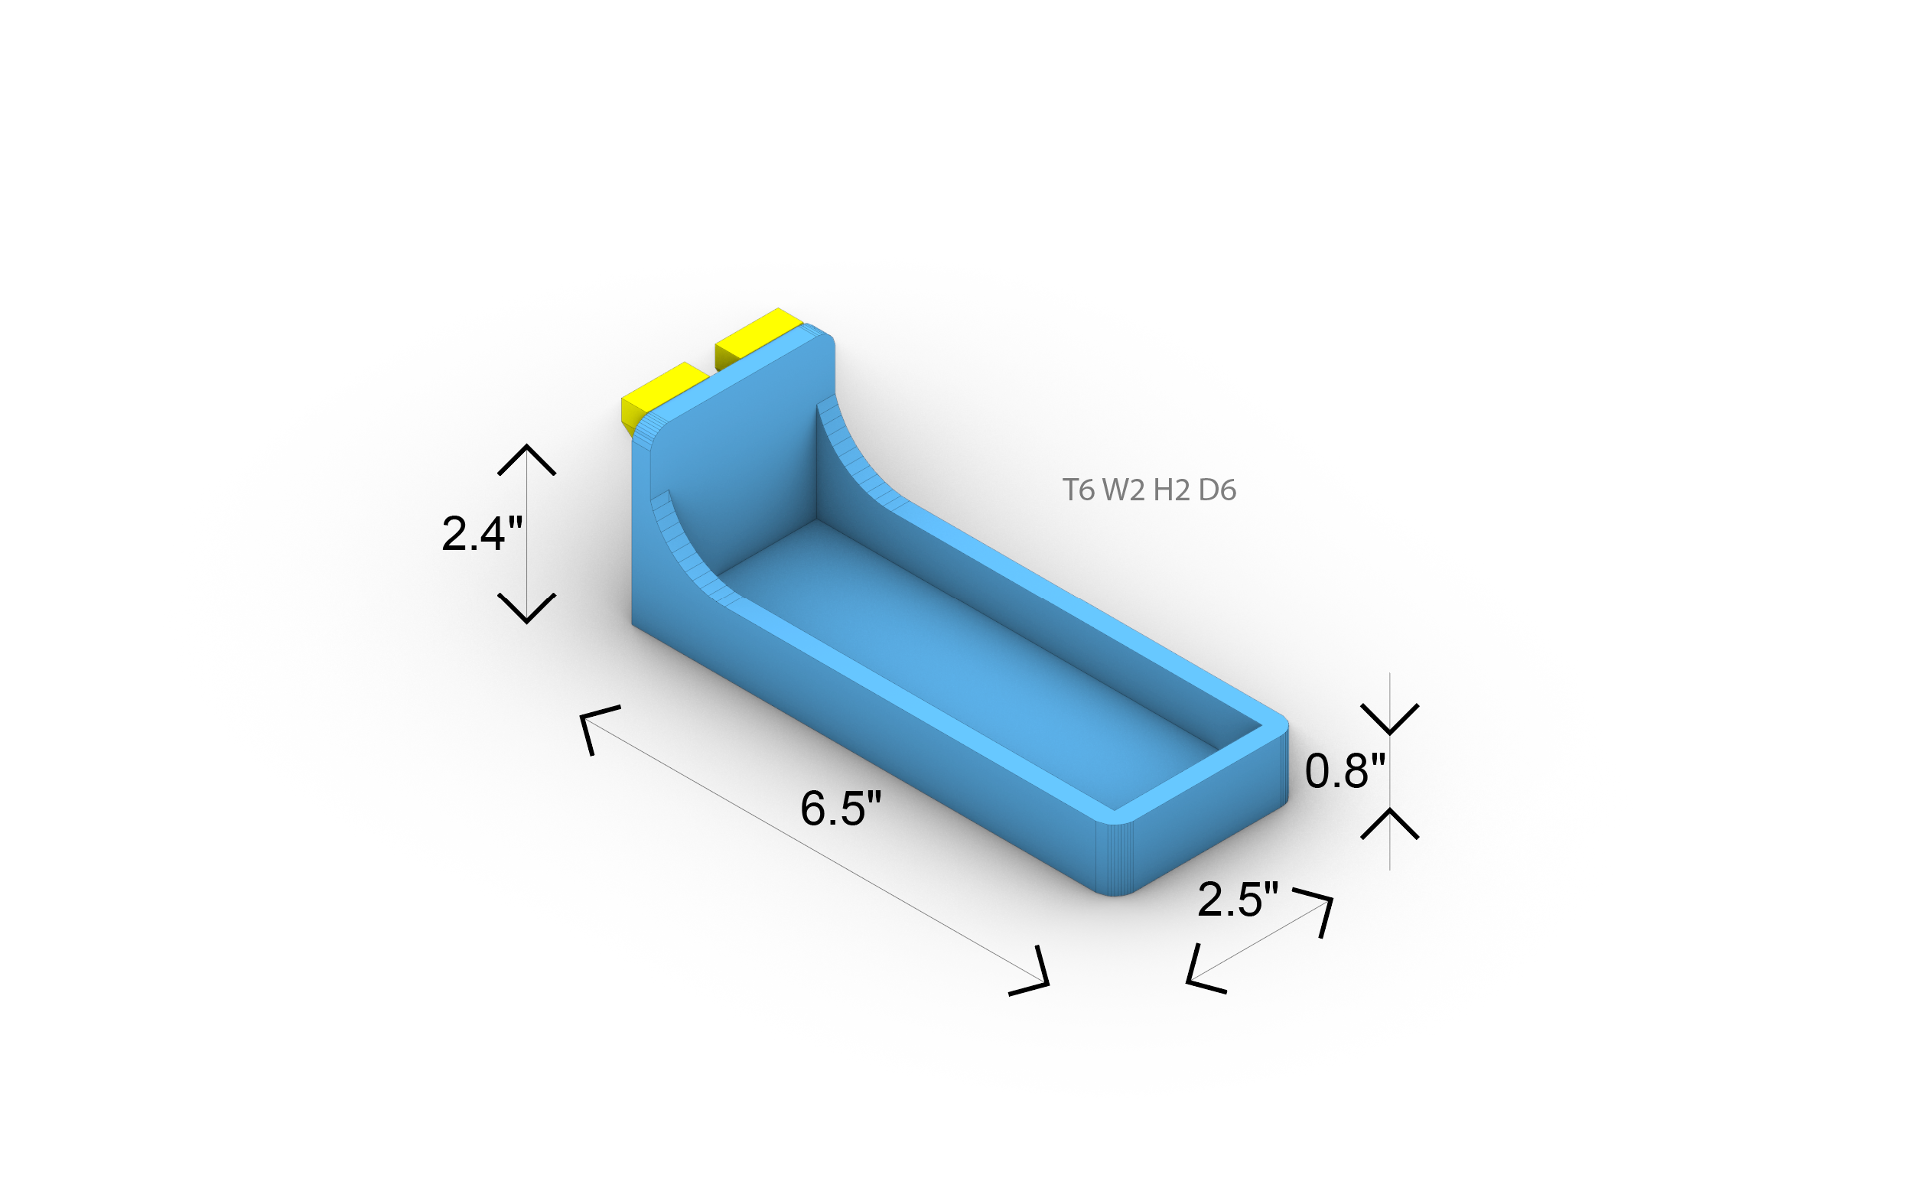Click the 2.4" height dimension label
pyautogui.click(x=482, y=533)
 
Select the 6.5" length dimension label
pyautogui.click(x=840, y=808)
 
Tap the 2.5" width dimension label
pyautogui.click(x=1237, y=899)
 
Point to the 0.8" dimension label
pyautogui.click(x=1345, y=770)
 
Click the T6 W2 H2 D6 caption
pyautogui.click(x=1149, y=490)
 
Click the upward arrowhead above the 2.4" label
pyautogui.click(x=526, y=459)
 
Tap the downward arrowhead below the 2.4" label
pyautogui.click(x=526, y=608)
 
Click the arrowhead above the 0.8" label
pyautogui.click(x=1389, y=719)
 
